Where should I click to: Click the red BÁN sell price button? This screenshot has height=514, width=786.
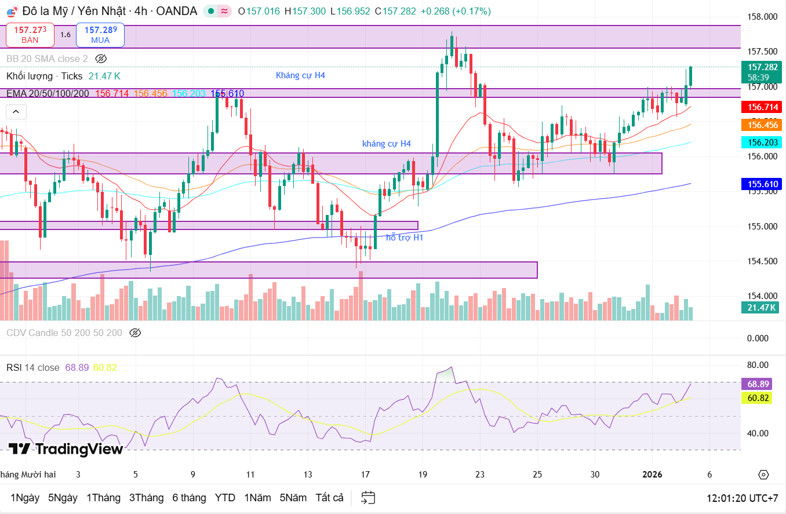pyautogui.click(x=30, y=34)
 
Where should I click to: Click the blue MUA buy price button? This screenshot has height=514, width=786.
pyautogui.click(x=100, y=34)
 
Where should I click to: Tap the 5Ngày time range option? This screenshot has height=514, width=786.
pyautogui.click(x=63, y=498)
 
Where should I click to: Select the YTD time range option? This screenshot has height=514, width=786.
pyautogui.click(x=225, y=498)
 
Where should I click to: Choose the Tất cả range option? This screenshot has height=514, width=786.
pyautogui.click(x=329, y=498)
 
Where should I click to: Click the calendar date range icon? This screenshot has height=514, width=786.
pyautogui.click(x=368, y=498)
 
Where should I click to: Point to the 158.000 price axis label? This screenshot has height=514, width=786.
pyautogui.click(x=761, y=17)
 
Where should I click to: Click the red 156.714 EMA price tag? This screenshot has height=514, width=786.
pyautogui.click(x=762, y=107)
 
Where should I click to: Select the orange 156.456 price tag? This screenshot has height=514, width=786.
pyautogui.click(x=762, y=125)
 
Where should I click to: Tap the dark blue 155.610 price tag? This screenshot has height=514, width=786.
pyautogui.click(x=762, y=185)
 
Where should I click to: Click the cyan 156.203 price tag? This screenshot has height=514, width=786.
pyautogui.click(x=762, y=143)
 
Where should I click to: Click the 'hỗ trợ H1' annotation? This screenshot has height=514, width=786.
pyautogui.click(x=405, y=237)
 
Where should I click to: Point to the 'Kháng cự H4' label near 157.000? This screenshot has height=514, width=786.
pyautogui.click(x=300, y=75)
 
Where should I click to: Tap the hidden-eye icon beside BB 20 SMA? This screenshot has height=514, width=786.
pyautogui.click(x=101, y=59)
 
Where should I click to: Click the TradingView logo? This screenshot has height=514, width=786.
pyautogui.click(x=65, y=449)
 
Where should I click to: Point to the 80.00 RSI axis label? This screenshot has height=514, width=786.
pyautogui.click(x=758, y=365)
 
